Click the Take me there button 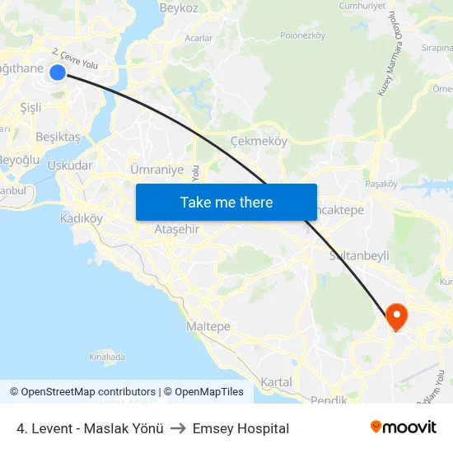(226, 202)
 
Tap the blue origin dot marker (58, 72)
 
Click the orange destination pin (396, 316)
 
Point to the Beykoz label (179, 8)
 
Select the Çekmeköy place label (259, 141)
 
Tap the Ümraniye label (156, 170)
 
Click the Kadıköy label (82, 218)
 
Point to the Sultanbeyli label (359, 255)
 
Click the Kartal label (276, 382)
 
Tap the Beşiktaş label (58, 137)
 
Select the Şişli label (30, 107)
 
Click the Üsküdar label (70, 165)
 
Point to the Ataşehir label (177, 229)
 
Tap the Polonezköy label (303, 35)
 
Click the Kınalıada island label (107, 357)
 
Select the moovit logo (403, 427)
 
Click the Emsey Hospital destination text (241, 428)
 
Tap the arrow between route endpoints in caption (177, 428)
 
